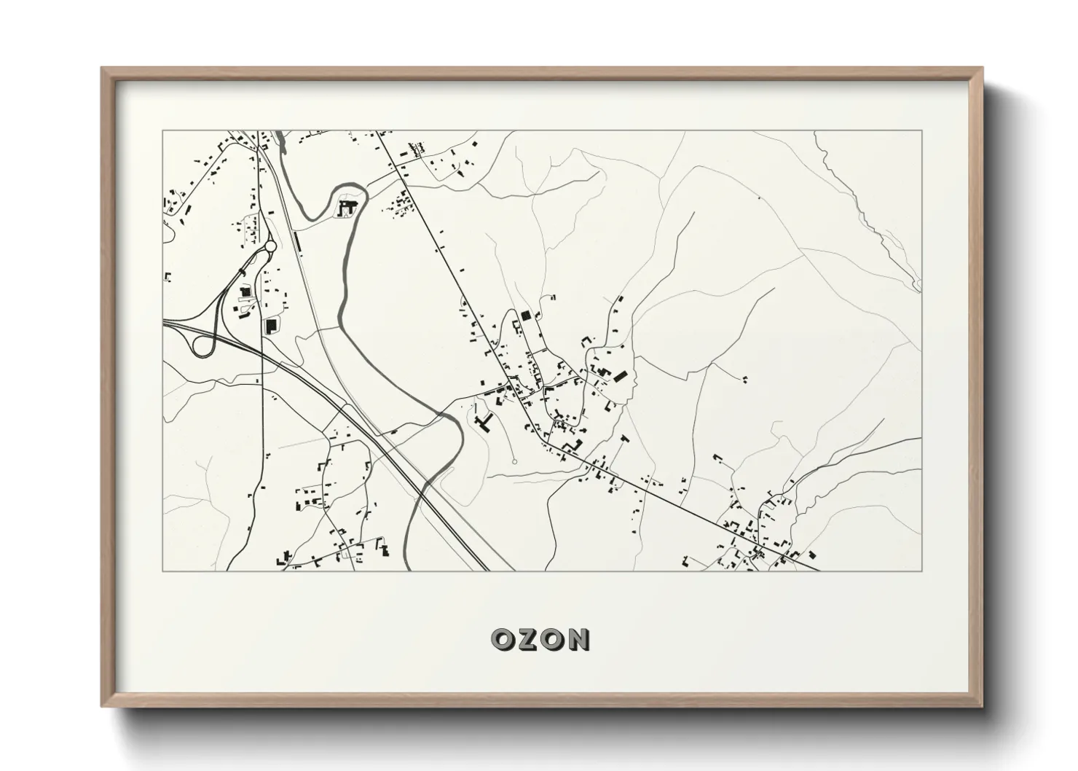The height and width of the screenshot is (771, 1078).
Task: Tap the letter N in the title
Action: click(x=577, y=640)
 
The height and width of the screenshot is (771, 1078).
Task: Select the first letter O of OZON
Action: click(x=504, y=640)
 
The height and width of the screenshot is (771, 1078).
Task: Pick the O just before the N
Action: click(x=552, y=640)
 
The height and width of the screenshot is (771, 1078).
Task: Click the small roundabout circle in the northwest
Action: click(x=271, y=246)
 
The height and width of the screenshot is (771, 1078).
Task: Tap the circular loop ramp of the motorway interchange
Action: click(x=202, y=345)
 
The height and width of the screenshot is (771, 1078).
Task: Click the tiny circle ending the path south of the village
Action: click(x=514, y=461)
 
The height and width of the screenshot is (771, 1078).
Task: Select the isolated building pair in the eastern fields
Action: click(x=744, y=378)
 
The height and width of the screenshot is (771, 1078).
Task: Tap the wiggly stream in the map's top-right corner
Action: click(x=867, y=211)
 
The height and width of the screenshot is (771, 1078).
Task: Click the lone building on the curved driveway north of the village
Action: click(x=552, y=297)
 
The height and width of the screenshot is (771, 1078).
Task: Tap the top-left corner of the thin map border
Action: click(x=163, y=131)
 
